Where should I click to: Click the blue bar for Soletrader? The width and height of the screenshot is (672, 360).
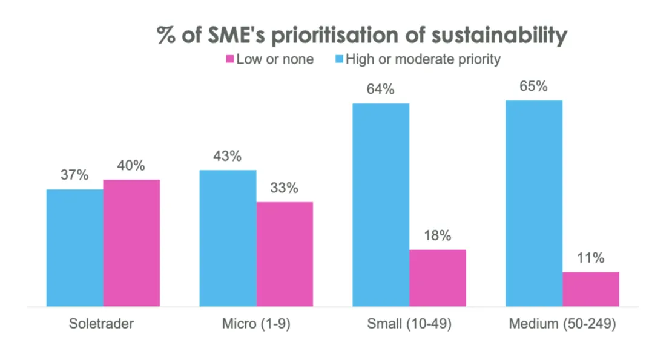pos(75,248)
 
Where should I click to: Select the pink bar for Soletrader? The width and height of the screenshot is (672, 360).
pos(131,243)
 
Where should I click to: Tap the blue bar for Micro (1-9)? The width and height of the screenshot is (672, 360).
pos(228,238)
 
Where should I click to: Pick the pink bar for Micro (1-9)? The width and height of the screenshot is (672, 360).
pos(285,254)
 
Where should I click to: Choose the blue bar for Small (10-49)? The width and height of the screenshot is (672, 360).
pos(381,205)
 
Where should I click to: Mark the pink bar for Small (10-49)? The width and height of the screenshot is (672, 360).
pos(438,278)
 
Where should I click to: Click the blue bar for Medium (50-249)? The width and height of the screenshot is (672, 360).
pos(534,203)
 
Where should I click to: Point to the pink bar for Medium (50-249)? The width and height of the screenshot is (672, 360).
pos(591,289)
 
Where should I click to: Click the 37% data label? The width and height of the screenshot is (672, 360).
pos(75,175)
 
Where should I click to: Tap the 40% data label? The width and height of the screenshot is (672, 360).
pos(131,166)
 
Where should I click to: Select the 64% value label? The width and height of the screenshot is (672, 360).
pos(381,90)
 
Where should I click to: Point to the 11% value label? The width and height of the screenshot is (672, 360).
pos(591,258)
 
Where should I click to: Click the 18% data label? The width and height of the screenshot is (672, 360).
pos(438,236)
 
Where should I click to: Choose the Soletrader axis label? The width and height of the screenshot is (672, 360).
pos(101,324)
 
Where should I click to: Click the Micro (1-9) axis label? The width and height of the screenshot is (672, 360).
pos(256,324)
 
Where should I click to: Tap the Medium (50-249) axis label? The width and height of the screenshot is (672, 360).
pos(562,324)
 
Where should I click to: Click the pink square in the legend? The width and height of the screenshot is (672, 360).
pos(229,59)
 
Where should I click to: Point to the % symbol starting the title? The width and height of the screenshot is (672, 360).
pos(166,36)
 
